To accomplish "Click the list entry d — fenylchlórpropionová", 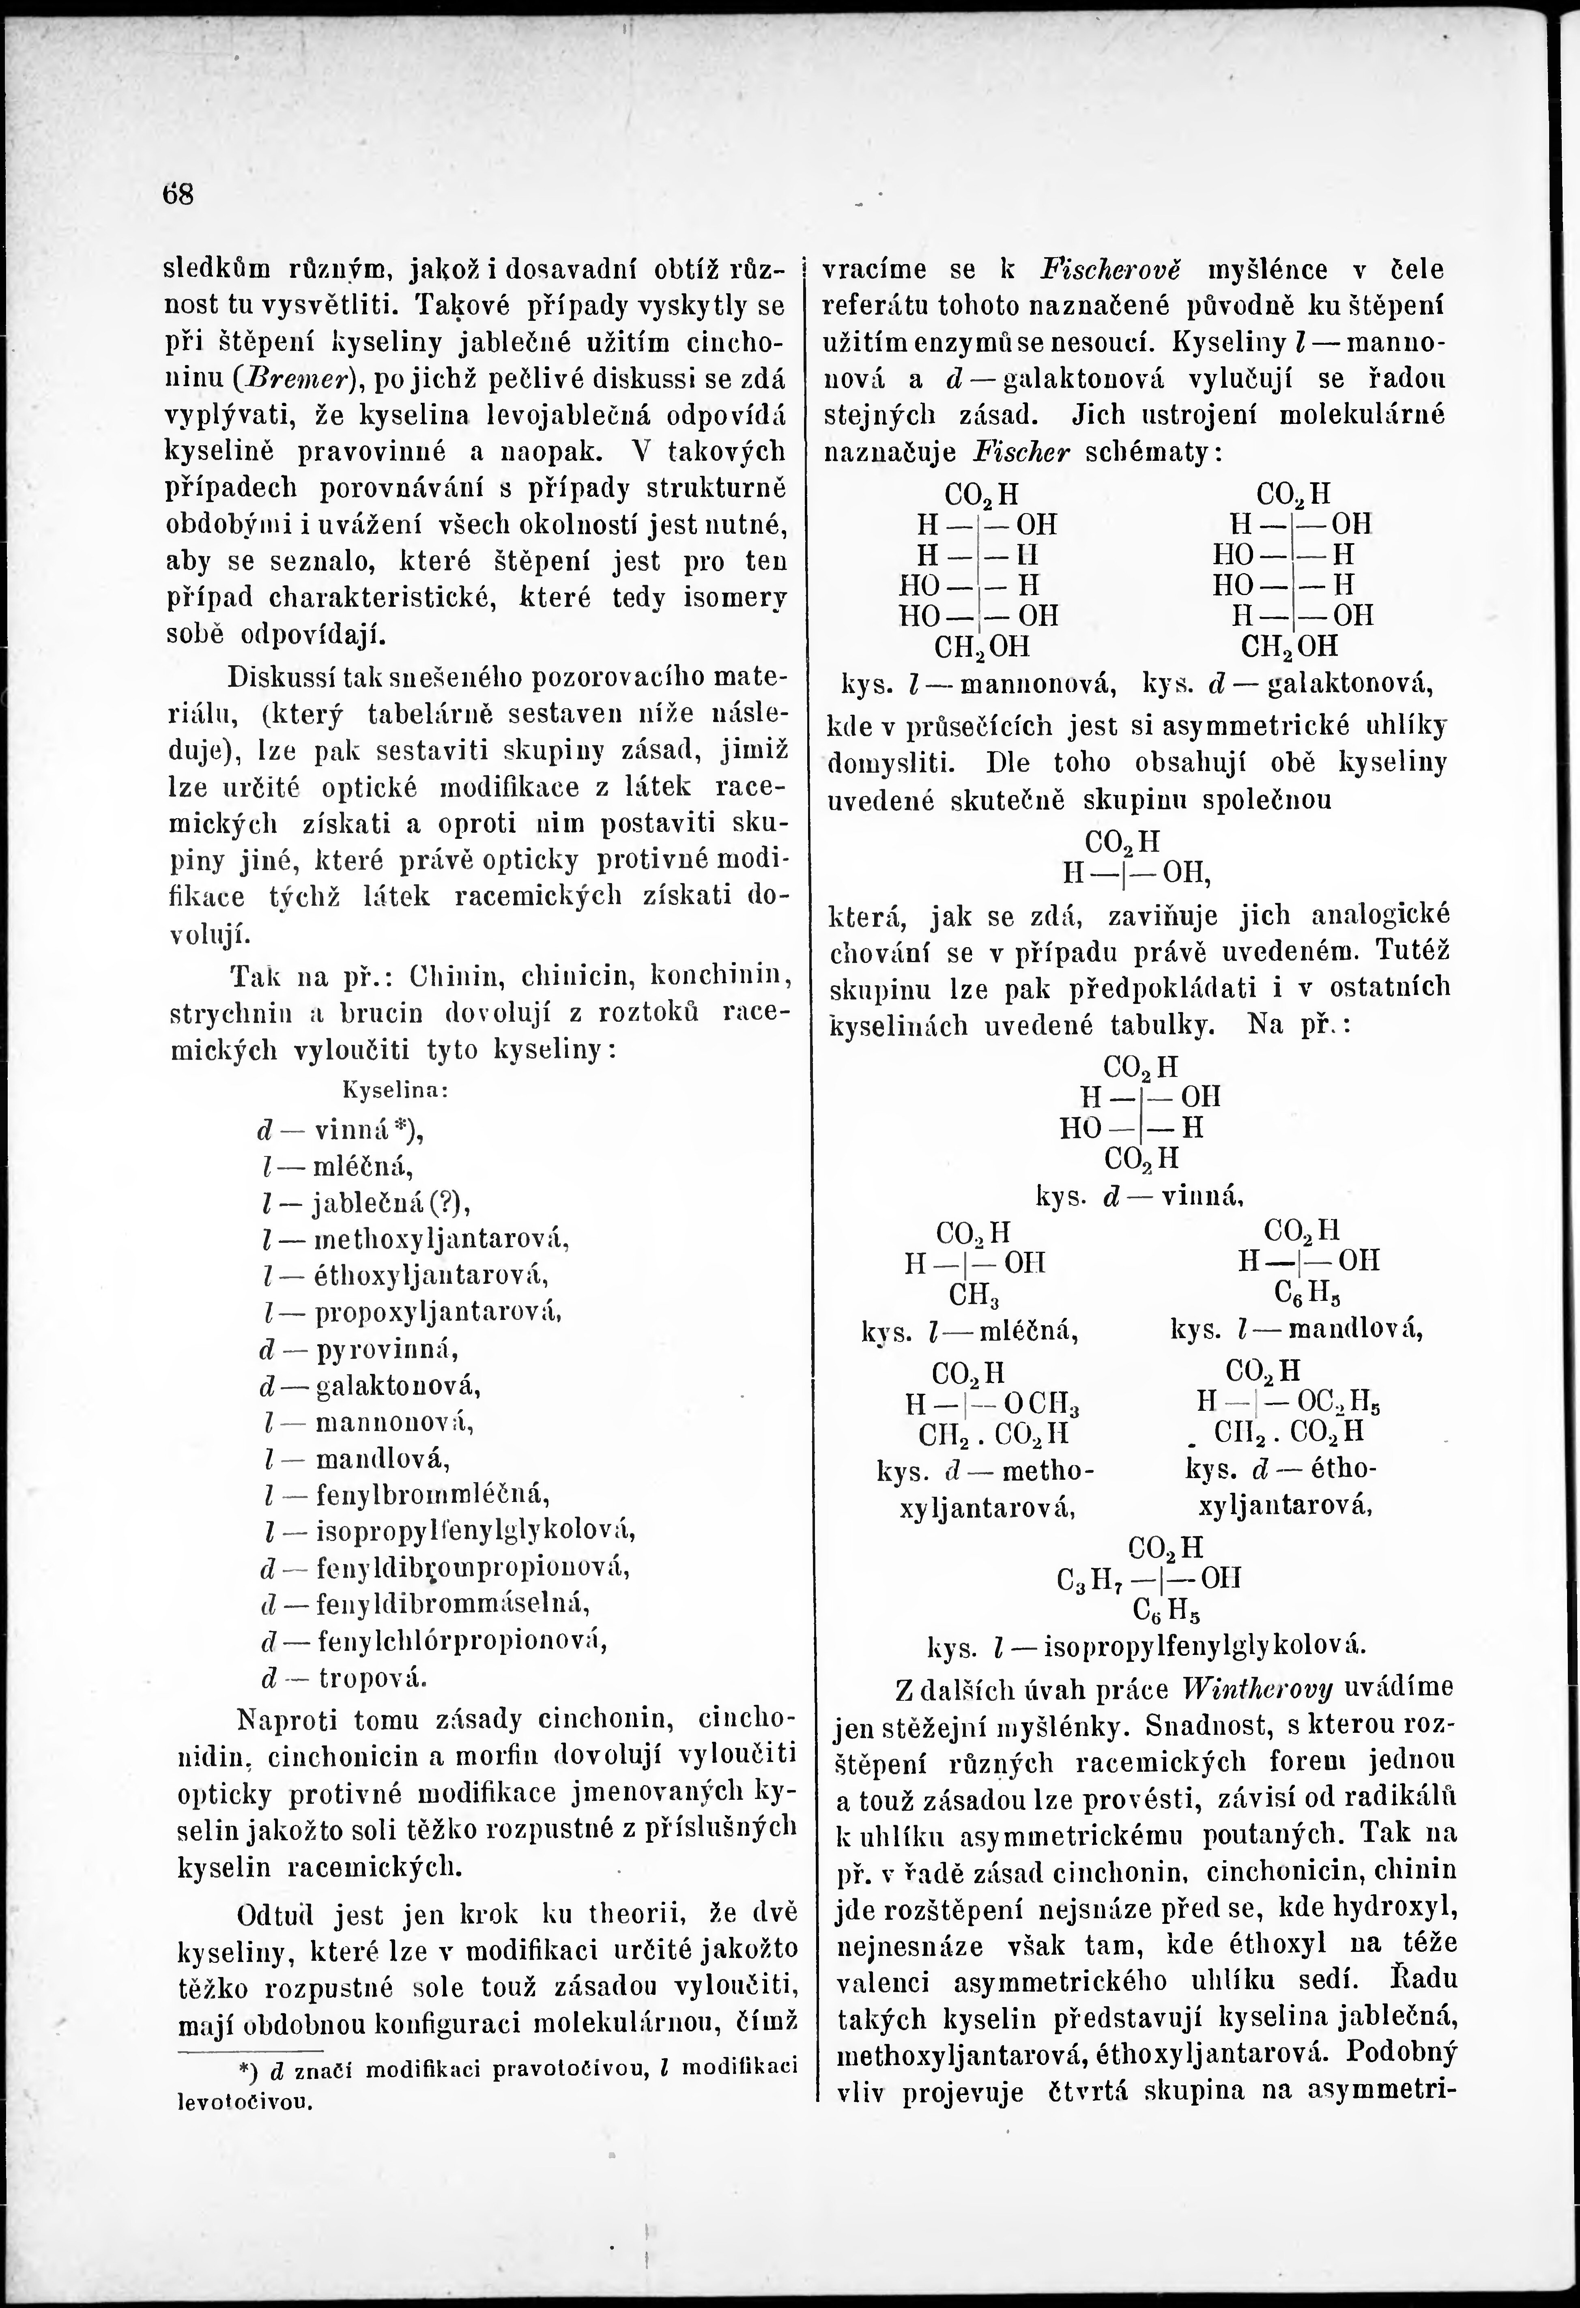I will coord(433,1641).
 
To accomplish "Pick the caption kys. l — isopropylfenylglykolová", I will coord(1147,1646).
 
